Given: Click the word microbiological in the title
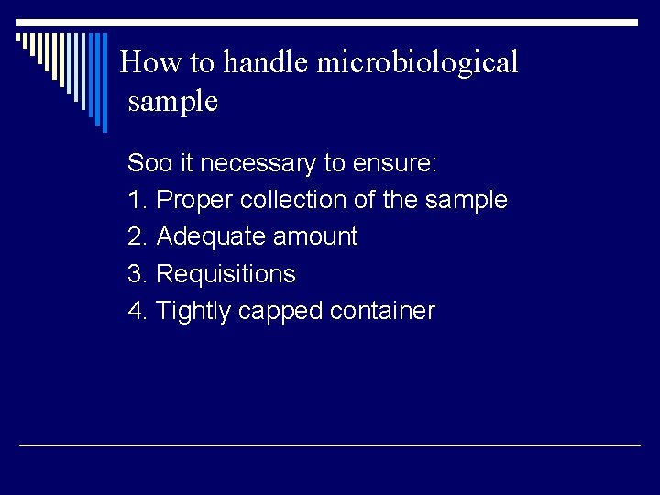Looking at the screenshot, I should click(418, 63).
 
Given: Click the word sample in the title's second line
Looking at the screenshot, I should click(173, 102).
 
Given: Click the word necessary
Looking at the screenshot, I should click(258, 164).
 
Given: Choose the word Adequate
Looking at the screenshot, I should click(212, 236).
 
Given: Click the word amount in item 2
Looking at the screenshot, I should click(315, 236).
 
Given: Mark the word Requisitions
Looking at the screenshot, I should click(226, 273).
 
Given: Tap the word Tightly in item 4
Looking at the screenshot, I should click(194, 311).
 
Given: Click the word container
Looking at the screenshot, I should click(383, 311).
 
